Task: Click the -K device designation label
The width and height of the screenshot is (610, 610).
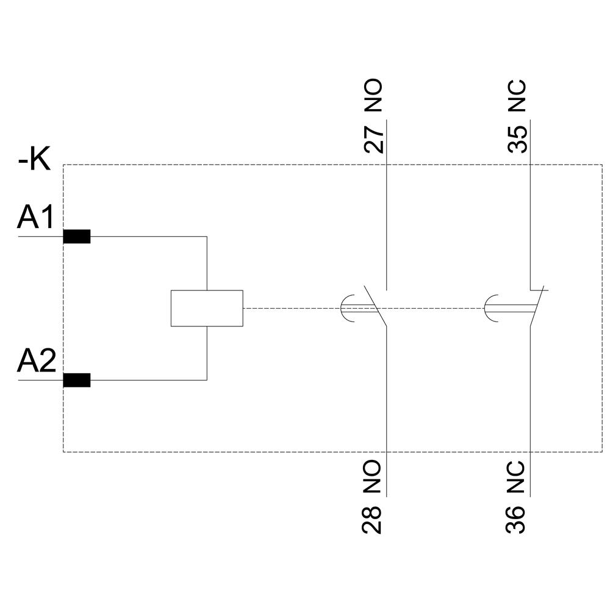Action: (35, 161)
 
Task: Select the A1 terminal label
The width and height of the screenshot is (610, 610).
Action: (37, 218)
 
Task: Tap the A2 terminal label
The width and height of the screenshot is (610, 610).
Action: (37, 362)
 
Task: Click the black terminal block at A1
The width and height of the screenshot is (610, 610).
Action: (77, 237)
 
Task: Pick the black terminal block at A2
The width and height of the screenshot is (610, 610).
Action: (77, 380)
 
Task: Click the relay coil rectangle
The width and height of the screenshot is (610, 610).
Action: (207, 308)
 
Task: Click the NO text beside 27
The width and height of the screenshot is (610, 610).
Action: (373, 96)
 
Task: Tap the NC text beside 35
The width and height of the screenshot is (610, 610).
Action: (517, 96)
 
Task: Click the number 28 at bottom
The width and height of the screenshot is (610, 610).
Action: (373, 519)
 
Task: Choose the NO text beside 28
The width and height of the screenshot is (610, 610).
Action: (373, 476)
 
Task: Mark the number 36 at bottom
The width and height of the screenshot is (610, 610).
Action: (517, 519)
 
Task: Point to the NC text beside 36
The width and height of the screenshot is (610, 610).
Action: (517, 476)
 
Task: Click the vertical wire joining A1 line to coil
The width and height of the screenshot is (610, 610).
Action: (207, 262)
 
